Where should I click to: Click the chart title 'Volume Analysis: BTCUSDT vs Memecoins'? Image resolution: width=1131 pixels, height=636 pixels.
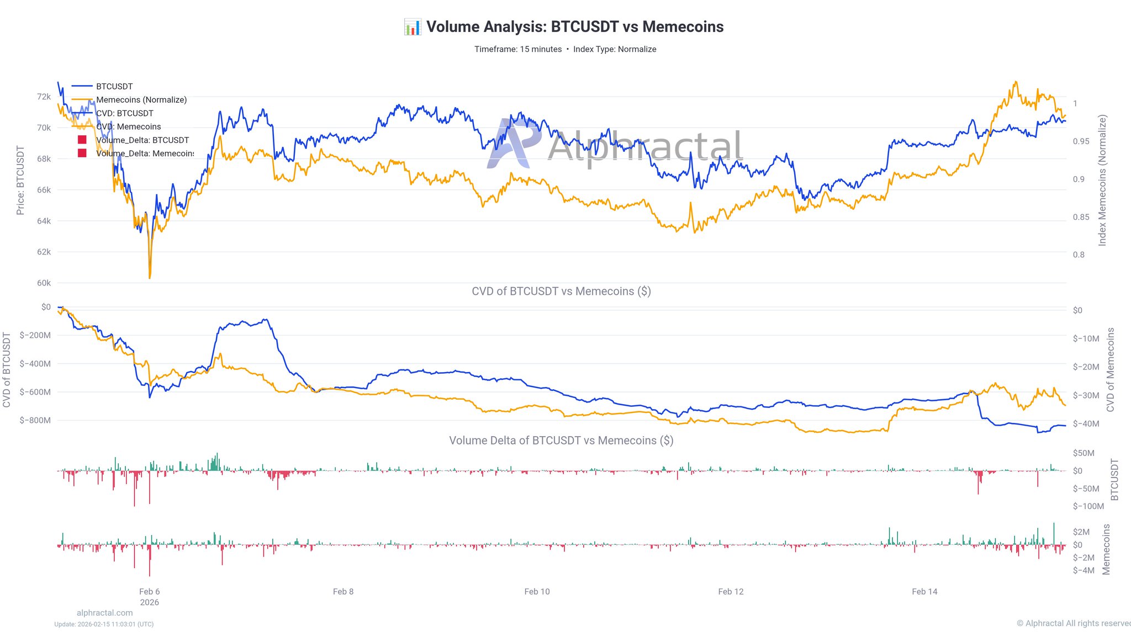[574, 26]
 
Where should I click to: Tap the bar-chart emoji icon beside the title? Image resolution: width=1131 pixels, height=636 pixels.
[413, 26]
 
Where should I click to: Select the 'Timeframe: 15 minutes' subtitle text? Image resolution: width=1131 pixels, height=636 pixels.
[518, 49]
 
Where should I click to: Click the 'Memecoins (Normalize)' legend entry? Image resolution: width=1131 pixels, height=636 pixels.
[141, 100]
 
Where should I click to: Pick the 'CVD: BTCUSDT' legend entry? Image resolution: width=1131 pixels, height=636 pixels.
[124, 113]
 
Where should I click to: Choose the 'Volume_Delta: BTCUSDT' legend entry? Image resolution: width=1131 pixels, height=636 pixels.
[142, 140]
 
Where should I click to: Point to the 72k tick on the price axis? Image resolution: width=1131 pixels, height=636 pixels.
[44, 97]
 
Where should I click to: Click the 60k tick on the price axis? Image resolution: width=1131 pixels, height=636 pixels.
[44, 283]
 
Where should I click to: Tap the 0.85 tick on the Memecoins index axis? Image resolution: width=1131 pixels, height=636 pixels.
[1081, 217]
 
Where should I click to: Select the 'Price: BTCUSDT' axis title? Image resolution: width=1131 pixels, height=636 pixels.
[20, 181]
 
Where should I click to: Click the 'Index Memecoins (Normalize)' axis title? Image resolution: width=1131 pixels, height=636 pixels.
[1102, 181]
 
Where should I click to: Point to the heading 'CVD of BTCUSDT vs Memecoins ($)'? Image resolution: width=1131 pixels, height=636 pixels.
[561, 291]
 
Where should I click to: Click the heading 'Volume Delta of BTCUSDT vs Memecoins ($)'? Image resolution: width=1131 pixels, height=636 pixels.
[561, 441]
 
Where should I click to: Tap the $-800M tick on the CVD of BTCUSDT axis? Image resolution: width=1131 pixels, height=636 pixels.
[35, 420]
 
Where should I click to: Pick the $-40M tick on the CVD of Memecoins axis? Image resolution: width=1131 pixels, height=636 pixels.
[1086, 423]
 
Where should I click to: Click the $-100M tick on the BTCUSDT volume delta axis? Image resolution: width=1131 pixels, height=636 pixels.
[1088, 506]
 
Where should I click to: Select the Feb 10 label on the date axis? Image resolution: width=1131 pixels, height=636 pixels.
[537, 592]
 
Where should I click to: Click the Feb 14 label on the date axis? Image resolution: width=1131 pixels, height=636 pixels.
[924, 592]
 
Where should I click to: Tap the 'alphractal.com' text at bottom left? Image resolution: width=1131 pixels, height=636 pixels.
[105, 613]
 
